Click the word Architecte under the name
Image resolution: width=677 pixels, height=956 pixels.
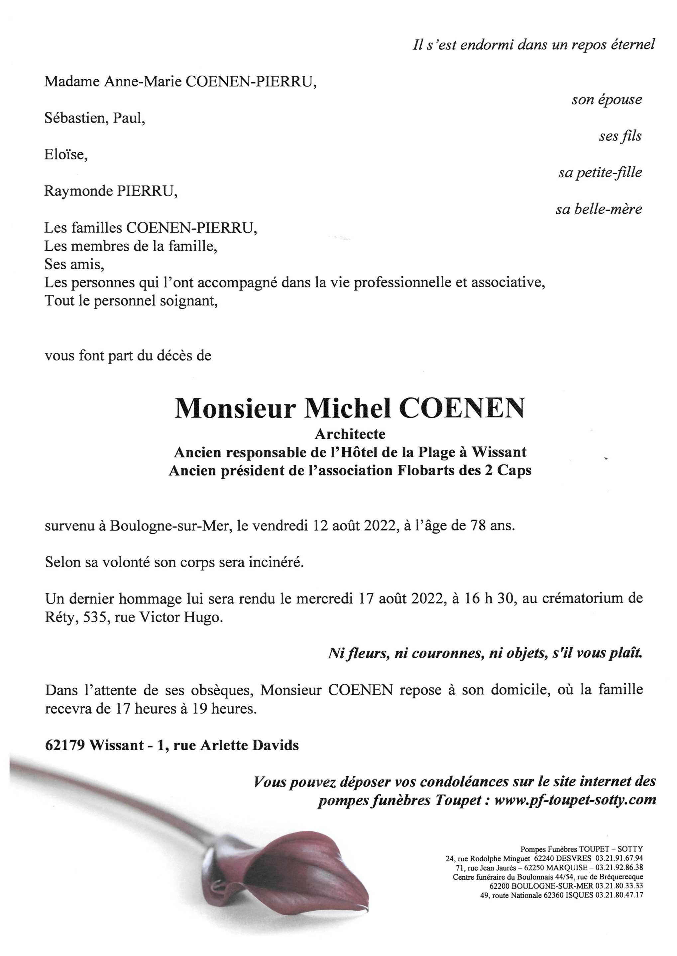[350, 434]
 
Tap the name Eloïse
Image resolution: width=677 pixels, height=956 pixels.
[65, 155]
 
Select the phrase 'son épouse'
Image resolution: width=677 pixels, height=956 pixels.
[607, 100]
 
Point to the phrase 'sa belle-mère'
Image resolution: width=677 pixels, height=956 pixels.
[598, 209]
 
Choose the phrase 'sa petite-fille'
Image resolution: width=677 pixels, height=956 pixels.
[600, 173]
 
